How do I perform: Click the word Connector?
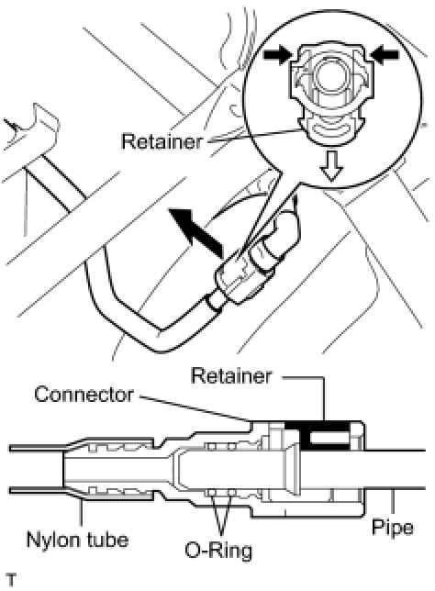(x=84, y=395)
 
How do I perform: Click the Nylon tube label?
(x=78, y=540)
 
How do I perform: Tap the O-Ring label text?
(x=218, y=551)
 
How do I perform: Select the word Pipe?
(x=393, y=528)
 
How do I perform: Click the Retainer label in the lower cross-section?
(x=231, y=375)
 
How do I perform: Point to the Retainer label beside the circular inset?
(x=162, y=141)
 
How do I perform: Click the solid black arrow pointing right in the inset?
(x=278, y=55)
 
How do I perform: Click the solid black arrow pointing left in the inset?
(x=385, y=55)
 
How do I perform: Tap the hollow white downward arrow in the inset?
(x=331, y=166)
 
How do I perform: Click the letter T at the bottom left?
(x=11, y=579)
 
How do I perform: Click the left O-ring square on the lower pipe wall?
(x=211, y=492)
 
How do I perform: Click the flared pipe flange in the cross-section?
(x=292, y=469)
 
